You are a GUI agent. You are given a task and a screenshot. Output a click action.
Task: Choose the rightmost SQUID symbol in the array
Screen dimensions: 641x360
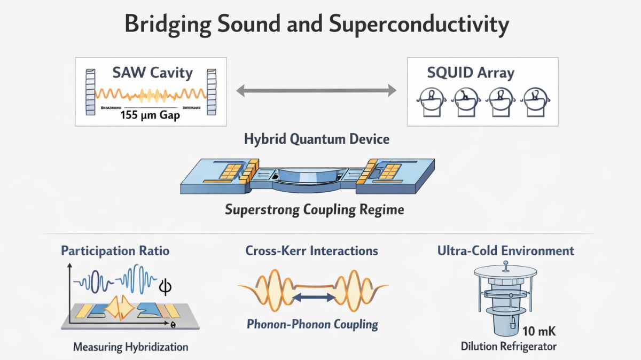pos(535,102)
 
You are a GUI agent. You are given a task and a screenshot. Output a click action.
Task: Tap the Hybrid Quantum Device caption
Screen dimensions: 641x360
pos(316,139)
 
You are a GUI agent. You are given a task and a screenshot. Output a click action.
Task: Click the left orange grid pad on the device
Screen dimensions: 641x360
pos(233,170)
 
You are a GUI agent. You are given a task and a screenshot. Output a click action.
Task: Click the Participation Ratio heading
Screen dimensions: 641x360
pos(115,250)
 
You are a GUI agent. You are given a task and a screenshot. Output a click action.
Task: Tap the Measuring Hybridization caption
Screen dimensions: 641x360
pos(130,347)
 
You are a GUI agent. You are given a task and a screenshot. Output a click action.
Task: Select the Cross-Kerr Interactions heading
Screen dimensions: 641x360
pos(311,250)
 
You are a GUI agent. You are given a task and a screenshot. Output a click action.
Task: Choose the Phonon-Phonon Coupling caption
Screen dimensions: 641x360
pos(312,324)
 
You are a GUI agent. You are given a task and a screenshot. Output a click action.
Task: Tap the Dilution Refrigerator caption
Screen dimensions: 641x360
pos(508,346)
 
